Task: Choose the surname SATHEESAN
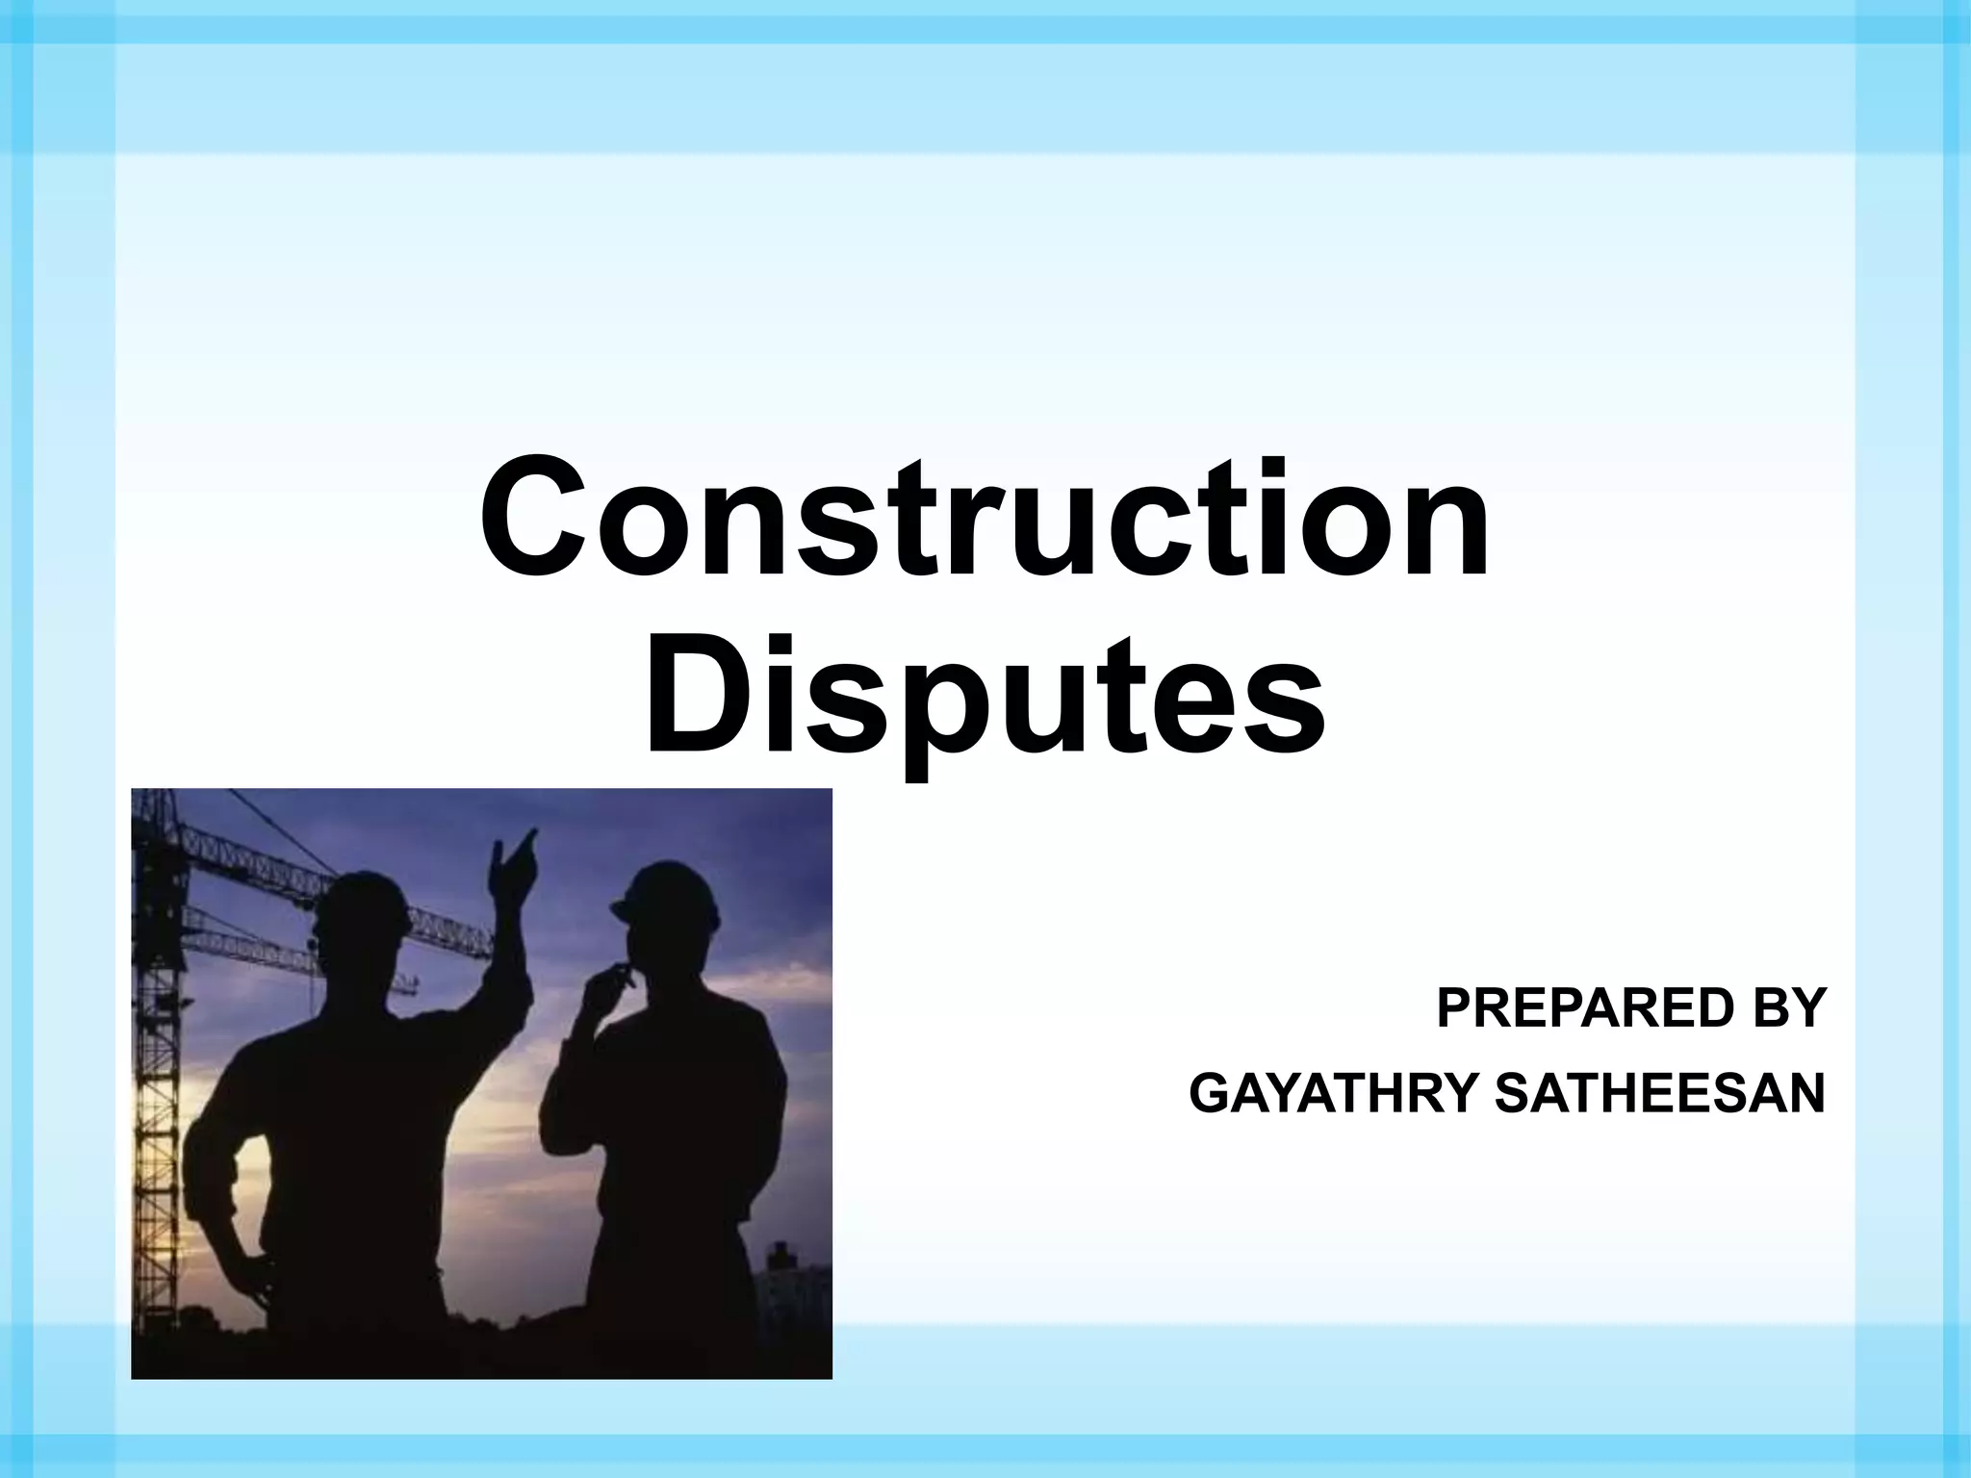(x=1659, y=1094)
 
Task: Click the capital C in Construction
(x=539, y=520)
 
